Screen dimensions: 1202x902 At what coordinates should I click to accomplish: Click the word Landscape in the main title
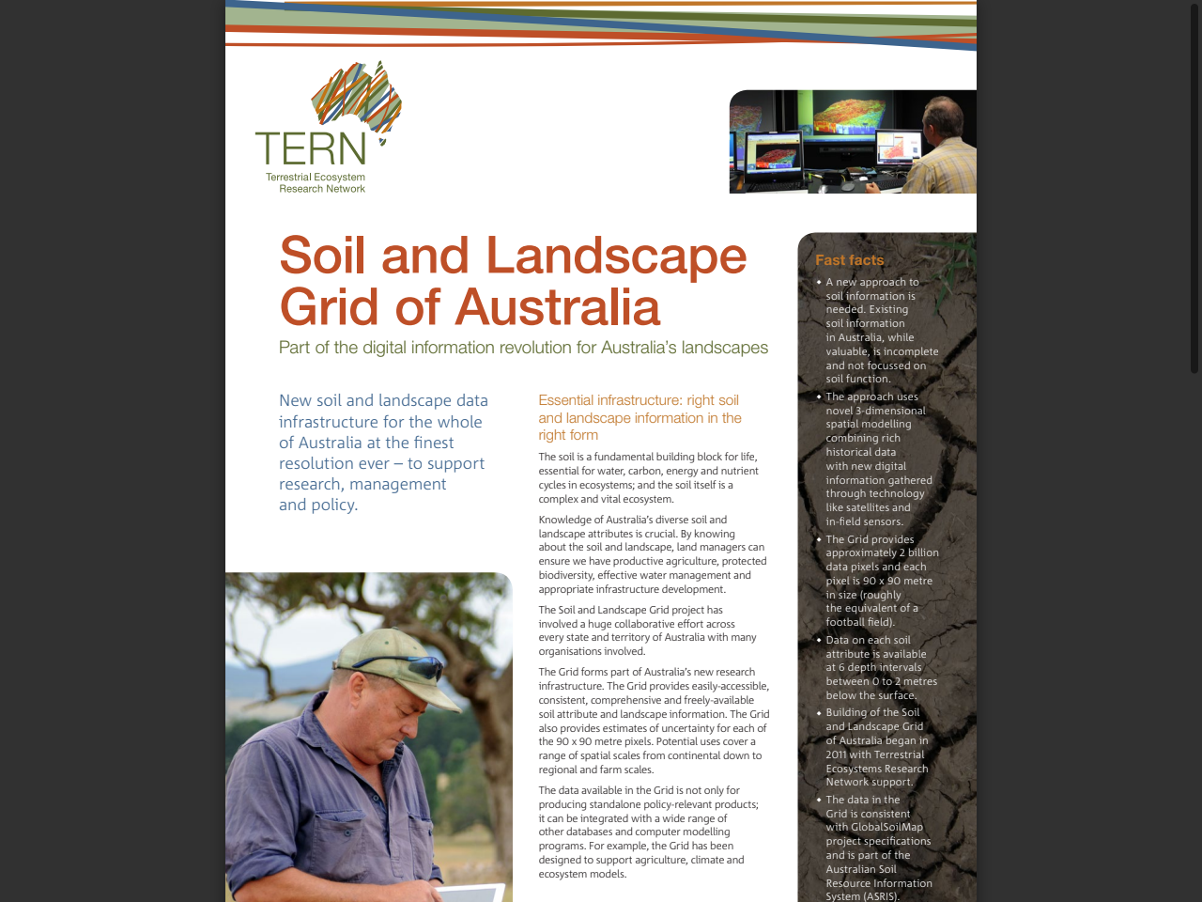tap(616, 256)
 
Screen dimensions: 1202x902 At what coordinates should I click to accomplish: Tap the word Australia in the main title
tap(559, 307)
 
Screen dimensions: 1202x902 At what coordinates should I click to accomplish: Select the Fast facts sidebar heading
tap(849, 260)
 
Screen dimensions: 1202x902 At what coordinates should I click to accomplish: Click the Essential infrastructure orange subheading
tap(640, 417)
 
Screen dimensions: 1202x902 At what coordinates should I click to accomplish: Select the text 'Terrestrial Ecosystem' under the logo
tap(316, 177)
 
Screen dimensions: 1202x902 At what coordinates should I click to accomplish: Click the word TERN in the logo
tap(311, 149)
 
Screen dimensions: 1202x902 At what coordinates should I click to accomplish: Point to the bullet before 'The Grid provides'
tap(819, 539)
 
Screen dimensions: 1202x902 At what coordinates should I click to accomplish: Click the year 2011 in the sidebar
tap(836, 754)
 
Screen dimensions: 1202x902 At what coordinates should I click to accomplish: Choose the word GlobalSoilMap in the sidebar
tap(886, 828)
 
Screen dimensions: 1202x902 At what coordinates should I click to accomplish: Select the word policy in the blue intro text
tap(331, 505)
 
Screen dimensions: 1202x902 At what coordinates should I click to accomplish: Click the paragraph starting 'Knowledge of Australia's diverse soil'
tap(652, 554)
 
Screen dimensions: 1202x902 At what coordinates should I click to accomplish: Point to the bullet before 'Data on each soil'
tap(819, 640)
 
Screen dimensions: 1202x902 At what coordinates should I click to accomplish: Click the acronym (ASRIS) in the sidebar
tap(876, 896)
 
